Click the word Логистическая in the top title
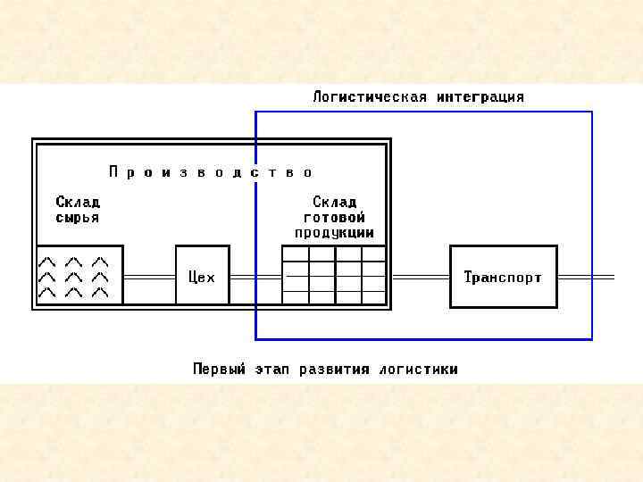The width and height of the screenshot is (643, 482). (370, 96)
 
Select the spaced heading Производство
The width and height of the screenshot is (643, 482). (211, 171)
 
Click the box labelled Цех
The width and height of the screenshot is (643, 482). (202, 276)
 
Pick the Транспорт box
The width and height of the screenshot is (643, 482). (503, 277)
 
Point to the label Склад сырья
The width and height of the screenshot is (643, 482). (78, 209)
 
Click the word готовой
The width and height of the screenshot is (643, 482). (335, 217)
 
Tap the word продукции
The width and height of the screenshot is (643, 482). (335, 232)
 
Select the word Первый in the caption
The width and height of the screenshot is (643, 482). (219, 369)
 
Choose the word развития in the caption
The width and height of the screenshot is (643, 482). (335, 369)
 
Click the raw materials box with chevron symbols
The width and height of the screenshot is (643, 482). (79, 276)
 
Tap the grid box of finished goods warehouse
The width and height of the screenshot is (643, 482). (334, 276)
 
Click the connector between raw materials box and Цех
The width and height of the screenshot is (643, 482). (149, 278)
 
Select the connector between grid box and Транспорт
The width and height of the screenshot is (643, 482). (418, 278)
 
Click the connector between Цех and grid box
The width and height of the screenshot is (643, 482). (255, 278)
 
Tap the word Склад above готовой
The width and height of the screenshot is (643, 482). (335, 202)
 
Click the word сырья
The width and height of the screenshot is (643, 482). (78, 217)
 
